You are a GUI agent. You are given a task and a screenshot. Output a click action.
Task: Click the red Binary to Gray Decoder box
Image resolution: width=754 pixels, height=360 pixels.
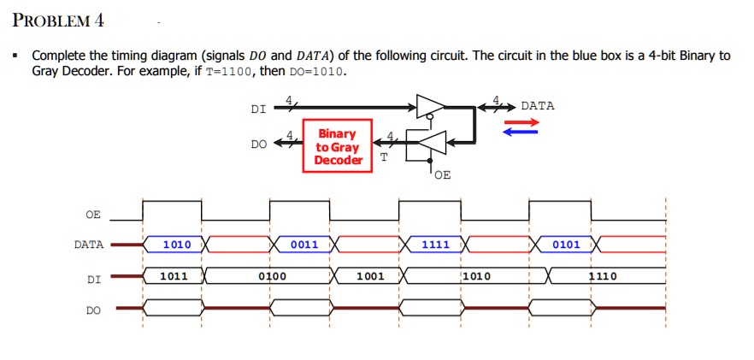(x=337, y=146)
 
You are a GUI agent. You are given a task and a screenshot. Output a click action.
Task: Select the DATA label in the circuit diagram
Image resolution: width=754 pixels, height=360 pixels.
(x=538, y=106)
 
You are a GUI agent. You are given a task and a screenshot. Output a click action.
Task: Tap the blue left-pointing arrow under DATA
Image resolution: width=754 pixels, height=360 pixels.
(x=521, y=133)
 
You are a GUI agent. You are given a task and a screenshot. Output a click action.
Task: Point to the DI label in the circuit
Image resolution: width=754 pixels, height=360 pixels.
(x=257, y=109)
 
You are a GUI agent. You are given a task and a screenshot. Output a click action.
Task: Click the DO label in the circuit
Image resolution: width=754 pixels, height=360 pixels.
(x=258, y=145)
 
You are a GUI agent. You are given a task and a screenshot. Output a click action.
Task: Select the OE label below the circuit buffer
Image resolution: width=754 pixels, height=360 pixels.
(x=441, y=175)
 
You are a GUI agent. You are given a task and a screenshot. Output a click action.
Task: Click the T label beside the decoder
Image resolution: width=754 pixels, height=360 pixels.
(x=383, y=156)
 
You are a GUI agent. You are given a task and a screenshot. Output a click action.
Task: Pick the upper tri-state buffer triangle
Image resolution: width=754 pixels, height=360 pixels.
(x=430, y=107)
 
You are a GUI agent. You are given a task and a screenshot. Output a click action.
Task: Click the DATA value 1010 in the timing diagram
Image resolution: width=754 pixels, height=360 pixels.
(x=177, y=245)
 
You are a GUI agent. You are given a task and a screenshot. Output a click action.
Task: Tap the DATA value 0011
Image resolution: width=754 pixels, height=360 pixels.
(x=304, y=245)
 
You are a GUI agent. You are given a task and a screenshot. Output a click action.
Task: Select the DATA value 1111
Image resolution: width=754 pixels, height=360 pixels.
(x=435, y=245)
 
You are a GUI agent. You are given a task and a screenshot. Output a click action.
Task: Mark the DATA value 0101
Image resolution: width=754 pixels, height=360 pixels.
(x=566, y=245)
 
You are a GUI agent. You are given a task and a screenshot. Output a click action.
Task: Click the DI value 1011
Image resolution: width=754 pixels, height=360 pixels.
(x=174, y=276)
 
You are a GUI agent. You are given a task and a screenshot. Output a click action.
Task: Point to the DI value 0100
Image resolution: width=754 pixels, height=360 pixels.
(x=272, y=277)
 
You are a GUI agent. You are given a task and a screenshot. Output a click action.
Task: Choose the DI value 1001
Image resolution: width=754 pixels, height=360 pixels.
(x=370, y=276)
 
